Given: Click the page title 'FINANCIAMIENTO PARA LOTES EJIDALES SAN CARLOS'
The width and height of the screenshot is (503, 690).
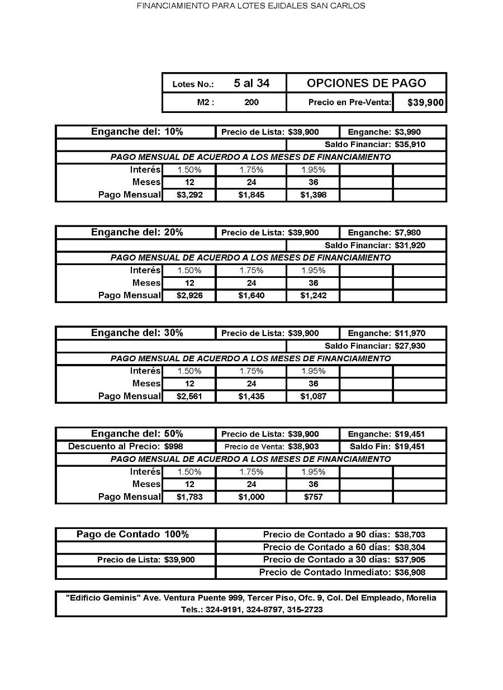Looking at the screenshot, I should (x=251, y=6).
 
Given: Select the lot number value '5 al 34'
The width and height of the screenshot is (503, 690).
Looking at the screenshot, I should (x=251, y=83).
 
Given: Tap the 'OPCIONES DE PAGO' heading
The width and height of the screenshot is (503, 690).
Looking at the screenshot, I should (x=366, y=83).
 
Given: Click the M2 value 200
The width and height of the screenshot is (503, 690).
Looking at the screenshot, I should (x=251, y=103).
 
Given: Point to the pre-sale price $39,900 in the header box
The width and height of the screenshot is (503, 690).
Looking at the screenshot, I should (x=425, y=103).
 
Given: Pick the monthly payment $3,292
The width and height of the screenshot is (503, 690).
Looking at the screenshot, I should (x=189, y=195).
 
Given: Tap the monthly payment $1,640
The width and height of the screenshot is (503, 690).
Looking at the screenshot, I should (x=251, y=296).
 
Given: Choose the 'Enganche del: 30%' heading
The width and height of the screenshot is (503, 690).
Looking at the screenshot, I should (x=137, y=333).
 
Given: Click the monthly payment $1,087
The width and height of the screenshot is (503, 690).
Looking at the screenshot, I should (x=313, y=396).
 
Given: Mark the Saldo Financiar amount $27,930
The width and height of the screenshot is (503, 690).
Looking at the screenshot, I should (x=410, y=346).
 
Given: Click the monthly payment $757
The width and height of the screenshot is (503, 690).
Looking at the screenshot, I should (x=313, y=497).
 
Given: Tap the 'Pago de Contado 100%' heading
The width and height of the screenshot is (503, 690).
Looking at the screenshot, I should (x=132, y=534).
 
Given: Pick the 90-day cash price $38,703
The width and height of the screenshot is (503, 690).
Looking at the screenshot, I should (x=410, y=535).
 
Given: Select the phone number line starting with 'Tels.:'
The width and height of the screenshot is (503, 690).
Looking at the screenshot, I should (x=251, y=609).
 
